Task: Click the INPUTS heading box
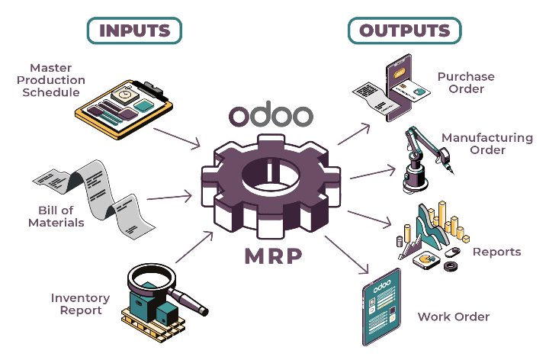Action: pos(133,31)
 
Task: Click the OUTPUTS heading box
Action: pos(404,31)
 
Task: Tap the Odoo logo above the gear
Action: pos(271,116)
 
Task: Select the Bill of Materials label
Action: pos(56,217)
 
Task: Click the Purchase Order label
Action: pos(465,82)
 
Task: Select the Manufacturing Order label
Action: pos(487,143)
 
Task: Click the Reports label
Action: pos(496,252)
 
